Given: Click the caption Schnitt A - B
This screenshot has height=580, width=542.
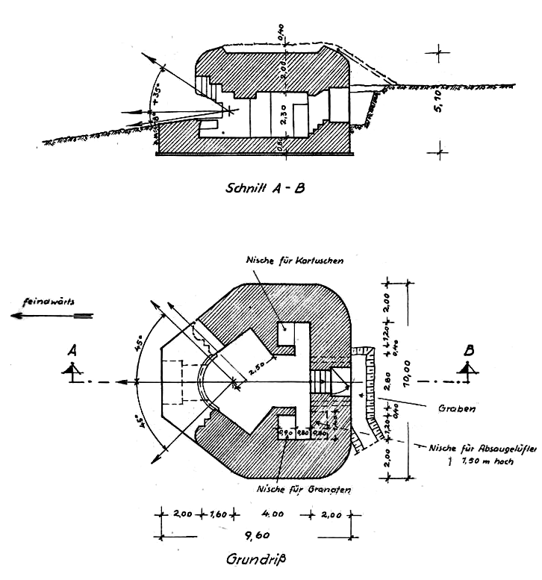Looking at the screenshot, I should click(x=264, y=188).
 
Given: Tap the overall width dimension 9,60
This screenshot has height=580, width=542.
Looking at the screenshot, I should click(x=255, y=534).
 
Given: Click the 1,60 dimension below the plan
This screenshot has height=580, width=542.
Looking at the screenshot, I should click(x=218, y=514).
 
